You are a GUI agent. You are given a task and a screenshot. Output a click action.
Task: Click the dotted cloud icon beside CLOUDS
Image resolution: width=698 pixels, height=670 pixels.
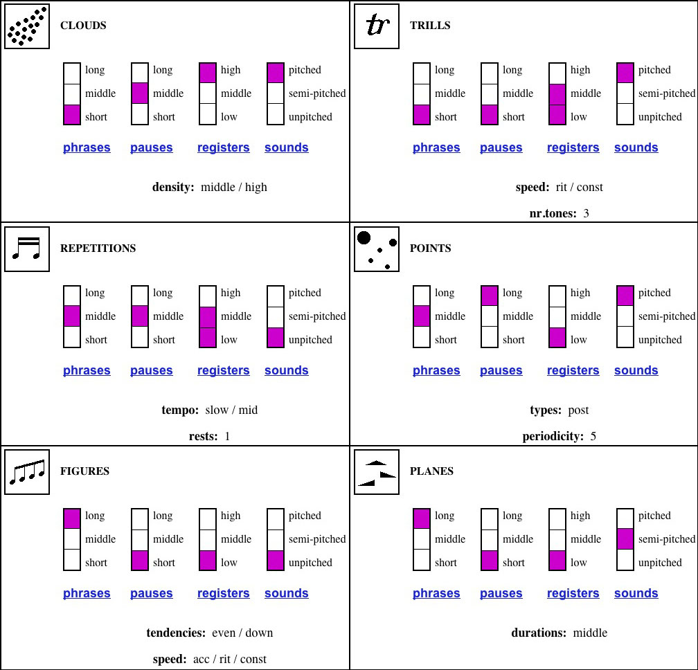click(27, 26)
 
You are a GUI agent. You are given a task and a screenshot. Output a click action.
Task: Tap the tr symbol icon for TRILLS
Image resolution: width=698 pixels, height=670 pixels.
click(377, 26)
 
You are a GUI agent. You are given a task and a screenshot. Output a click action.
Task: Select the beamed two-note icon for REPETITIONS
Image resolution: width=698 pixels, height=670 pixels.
click(27, 249)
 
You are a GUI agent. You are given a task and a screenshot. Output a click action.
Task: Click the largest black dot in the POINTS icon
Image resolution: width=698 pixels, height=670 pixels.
click(364, 238)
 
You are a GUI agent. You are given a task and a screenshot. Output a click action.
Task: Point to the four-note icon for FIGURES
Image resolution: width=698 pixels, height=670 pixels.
click(27, 472)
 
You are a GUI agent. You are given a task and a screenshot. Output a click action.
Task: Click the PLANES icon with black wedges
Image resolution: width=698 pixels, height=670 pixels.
click(377, 472)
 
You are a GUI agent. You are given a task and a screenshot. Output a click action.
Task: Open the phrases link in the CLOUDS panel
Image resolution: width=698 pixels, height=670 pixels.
click(87, 147)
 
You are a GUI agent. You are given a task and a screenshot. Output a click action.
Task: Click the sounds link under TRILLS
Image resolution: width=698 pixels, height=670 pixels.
click(636, 147)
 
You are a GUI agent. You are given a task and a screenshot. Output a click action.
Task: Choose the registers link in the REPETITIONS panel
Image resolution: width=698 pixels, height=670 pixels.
click(224, 370)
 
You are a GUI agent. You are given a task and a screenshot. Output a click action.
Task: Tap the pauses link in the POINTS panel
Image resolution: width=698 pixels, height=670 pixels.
click(501, 370)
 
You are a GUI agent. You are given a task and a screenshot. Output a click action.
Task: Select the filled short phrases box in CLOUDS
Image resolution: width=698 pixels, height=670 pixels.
click(72, 115)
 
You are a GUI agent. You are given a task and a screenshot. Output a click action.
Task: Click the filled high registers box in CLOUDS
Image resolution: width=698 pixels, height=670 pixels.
click(208, 73)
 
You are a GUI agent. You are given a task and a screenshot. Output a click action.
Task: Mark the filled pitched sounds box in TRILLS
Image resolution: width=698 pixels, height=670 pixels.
click(625, 73)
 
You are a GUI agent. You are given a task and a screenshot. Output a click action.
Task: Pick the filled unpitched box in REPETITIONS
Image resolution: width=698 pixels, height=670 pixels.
click(276, 338)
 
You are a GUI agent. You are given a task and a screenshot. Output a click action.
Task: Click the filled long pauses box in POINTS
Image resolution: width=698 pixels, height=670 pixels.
click(489, 296)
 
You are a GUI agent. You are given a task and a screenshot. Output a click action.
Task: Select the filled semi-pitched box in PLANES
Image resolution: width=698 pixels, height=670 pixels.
click(625, 538)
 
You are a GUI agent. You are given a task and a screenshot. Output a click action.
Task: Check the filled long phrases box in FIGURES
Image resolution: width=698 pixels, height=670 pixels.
click(72, 518)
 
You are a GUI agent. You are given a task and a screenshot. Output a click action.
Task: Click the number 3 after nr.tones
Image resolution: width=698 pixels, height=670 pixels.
click(587, 214)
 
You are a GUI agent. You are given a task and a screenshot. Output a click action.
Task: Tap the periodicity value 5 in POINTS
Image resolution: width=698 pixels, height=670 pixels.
click(593, 437)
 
